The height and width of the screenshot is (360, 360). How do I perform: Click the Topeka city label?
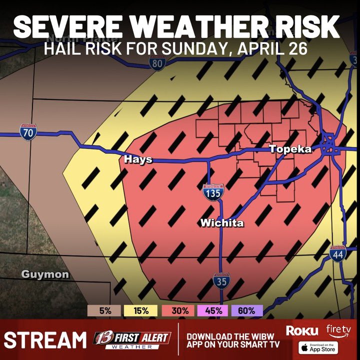click(290, 149)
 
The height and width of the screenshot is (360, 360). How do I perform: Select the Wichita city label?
click(222, 223)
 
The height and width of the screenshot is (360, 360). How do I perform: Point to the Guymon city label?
click(45, 274)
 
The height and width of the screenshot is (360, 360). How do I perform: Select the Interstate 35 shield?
click(221, 281)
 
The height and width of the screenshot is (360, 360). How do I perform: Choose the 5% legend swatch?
click(105, 310)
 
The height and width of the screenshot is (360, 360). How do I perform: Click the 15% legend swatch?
click(141, 310)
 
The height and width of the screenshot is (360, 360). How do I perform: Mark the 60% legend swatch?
click(247, 310)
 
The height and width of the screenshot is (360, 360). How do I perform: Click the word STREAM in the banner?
click(45, 340)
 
